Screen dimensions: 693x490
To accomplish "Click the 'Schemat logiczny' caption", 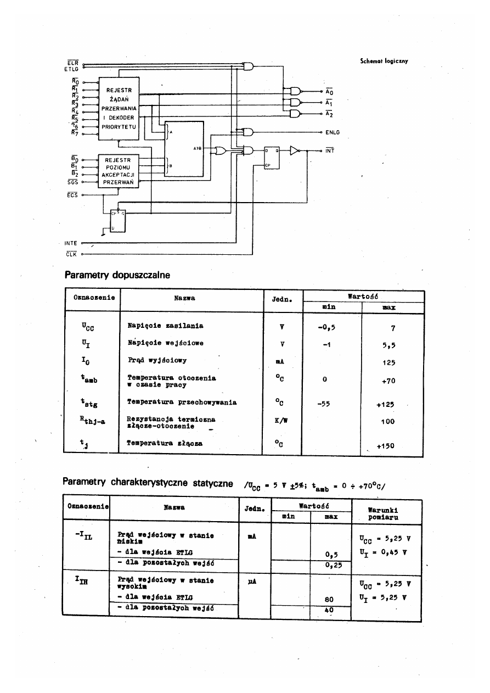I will tap(384, 62).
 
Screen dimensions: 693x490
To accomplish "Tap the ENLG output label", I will tap(333, 132).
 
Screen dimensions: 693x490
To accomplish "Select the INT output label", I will tap(330, 150).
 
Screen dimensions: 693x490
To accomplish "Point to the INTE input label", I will tap(70, 242).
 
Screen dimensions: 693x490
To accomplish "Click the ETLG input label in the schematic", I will tap(71, 69).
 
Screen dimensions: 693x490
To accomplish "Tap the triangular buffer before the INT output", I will tap(295, 150).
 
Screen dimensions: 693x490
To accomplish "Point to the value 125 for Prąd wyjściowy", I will tap(389, 362).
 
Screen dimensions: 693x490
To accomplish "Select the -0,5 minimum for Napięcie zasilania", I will tap(326, 328).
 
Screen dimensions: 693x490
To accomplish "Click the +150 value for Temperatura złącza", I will tap(386, 446).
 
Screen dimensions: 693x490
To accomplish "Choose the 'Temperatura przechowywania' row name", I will tap(182, 402).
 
